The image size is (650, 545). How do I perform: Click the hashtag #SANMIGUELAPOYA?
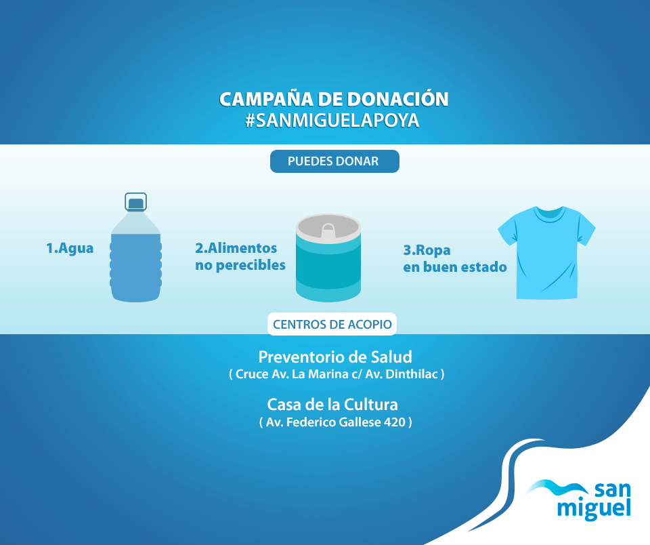[x=332, y=121]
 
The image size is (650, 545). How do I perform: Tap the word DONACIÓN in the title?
[x=398, y=99]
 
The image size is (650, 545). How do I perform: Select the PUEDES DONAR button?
[x=334, y=161]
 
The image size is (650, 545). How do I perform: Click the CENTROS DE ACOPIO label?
[x=332, y=324]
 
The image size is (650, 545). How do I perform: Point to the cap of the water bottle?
[x=136, y=203]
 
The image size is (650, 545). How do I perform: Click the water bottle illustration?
[x=135, y=247]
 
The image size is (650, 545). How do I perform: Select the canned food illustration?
[x=328, y=258]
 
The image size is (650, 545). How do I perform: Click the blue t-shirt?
[x=547, y=252]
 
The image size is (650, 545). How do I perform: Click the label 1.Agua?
[x=70, y=248]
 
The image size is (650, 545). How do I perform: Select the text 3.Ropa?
[x=427, y=250]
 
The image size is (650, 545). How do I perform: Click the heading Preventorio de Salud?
[x=335, y=357]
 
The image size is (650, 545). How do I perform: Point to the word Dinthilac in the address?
[x=412, y=374]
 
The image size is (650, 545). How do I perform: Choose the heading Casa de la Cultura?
[x=332, y=405]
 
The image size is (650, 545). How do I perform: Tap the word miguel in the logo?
[x=594, y=508]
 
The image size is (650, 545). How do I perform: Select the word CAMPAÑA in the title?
[x=266, y=99]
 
